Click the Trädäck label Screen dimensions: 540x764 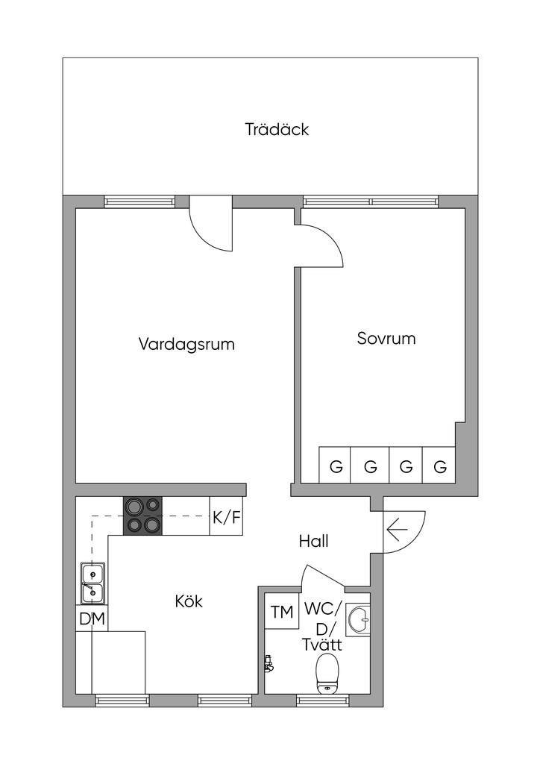277,129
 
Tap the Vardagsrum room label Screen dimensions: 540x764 186,345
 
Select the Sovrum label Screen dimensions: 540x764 386,339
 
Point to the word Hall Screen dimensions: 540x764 313,542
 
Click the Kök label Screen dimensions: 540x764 189,601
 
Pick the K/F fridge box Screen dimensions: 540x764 227,517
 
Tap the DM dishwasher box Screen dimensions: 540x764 92,619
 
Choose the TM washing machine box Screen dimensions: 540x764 281,613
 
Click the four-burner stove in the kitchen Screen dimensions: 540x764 143,516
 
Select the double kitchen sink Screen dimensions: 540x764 92,583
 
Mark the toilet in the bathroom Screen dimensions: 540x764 327,674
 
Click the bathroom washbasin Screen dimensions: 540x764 360,618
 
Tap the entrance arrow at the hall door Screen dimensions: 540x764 398,531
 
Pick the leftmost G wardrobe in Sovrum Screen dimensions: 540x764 336,467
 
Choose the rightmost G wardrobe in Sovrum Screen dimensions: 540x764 440,467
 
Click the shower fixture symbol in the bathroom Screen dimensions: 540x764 269,661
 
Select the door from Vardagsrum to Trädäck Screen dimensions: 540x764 212,224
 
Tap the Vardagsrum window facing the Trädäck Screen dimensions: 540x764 139,201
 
